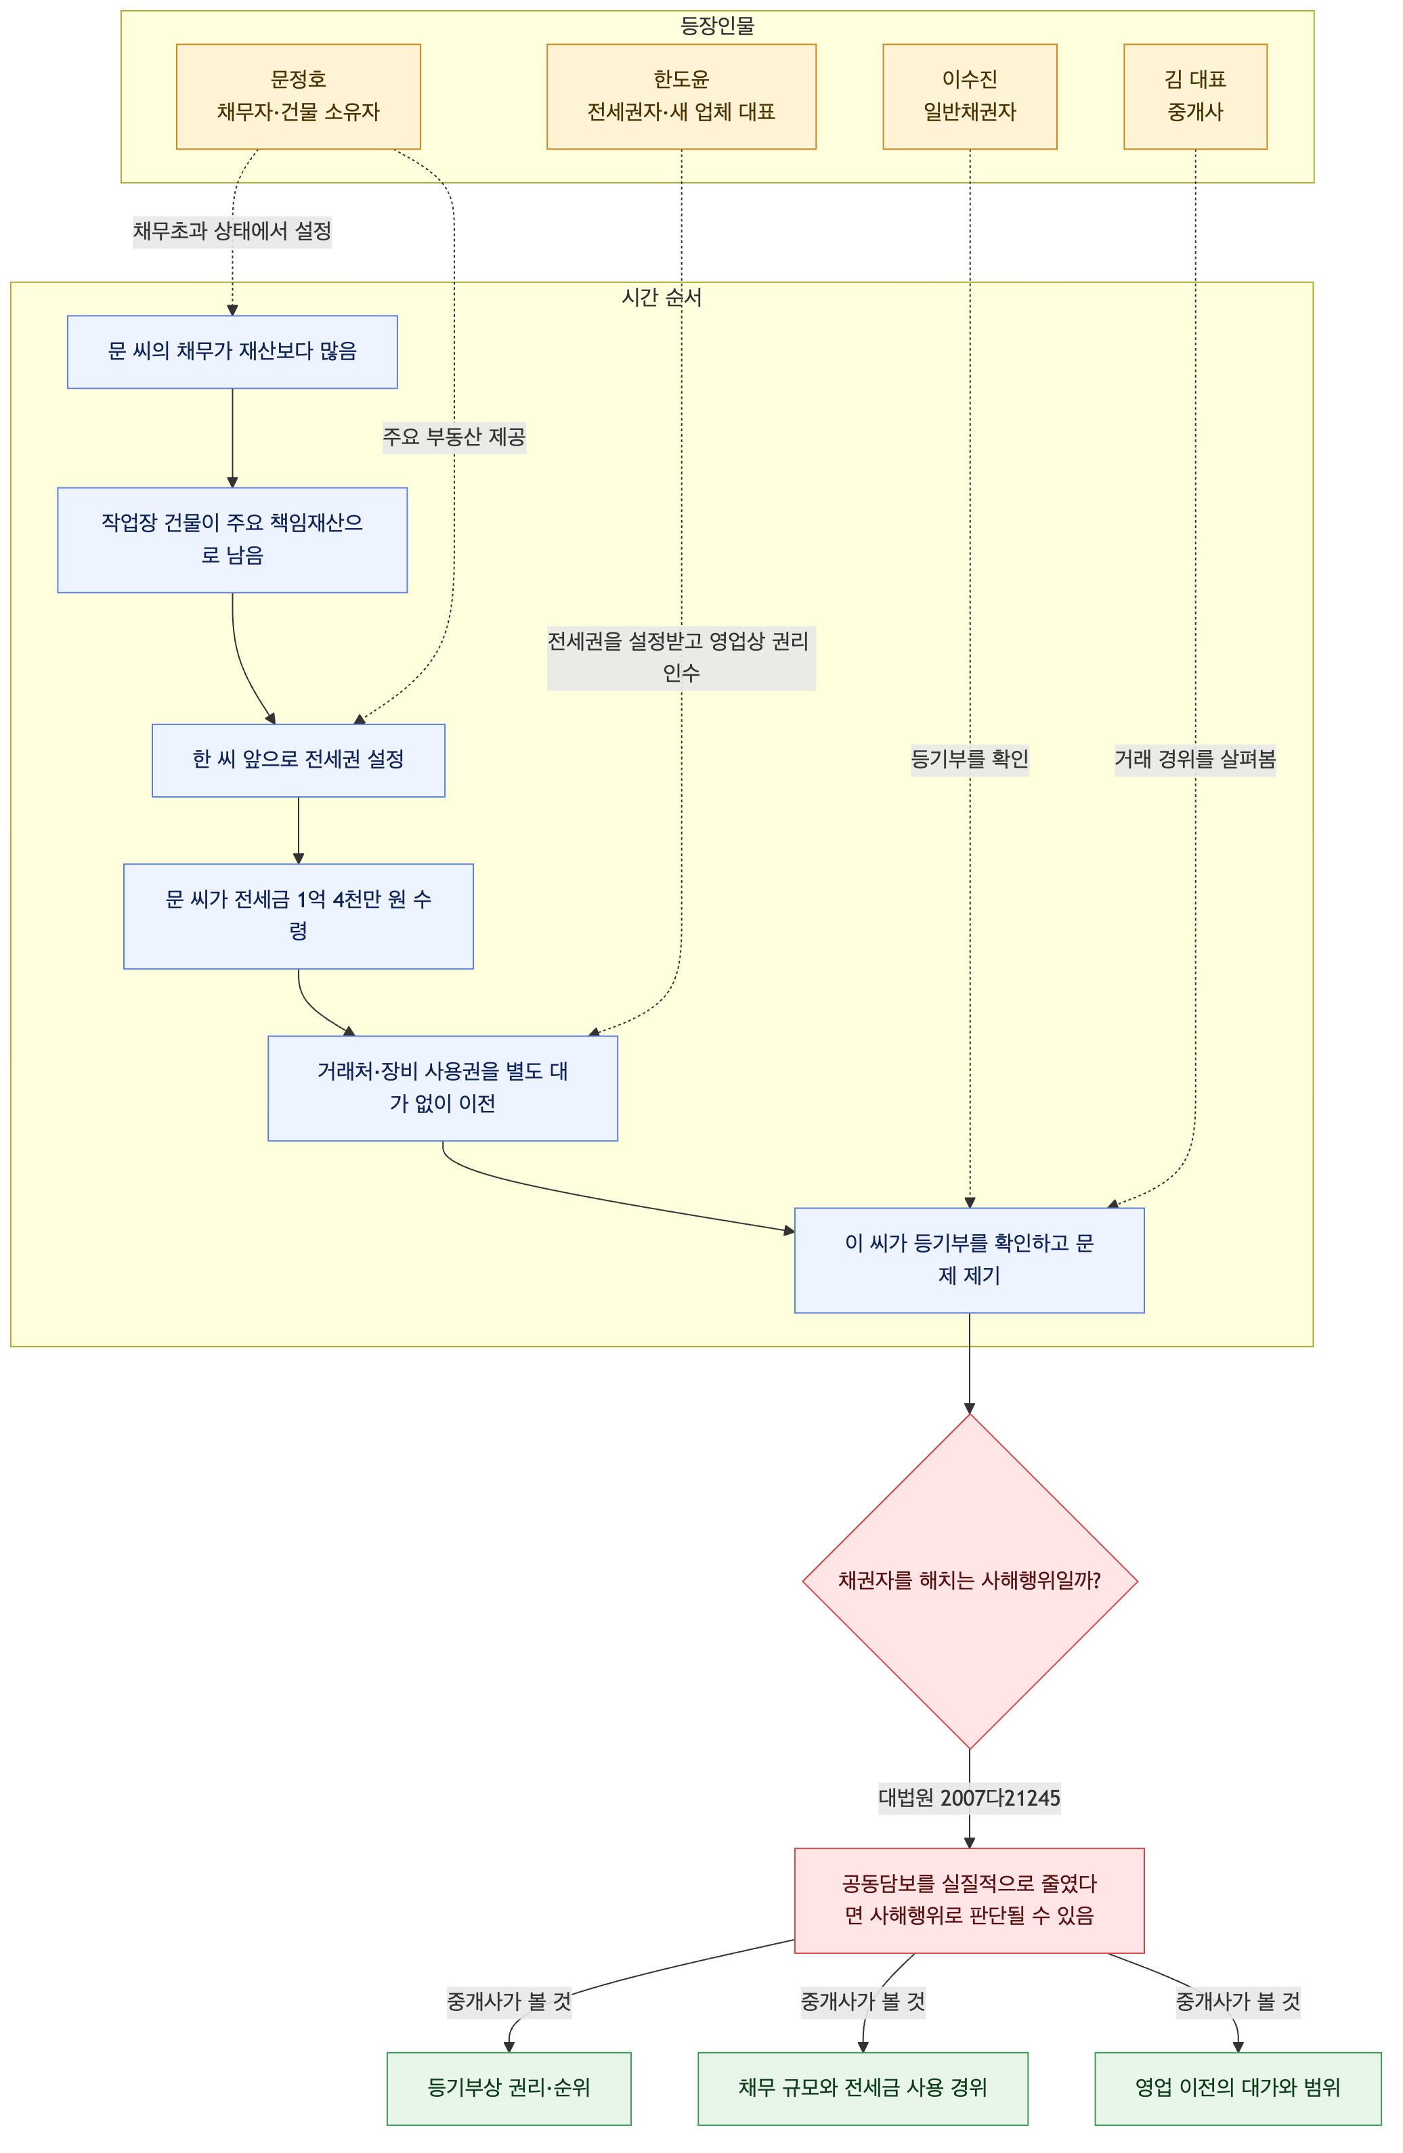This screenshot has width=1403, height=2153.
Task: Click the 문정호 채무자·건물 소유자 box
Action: (x=298, y=96)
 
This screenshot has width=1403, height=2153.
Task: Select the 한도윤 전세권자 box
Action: (x=681, y=96)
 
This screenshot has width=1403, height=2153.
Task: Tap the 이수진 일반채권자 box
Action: (x=970, y=96)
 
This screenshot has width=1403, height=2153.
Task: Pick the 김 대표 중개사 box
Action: (x=1195, y=96)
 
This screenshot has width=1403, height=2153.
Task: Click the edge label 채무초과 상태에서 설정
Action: (x=232, y=231)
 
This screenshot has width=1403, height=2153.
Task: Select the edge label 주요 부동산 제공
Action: (x=454, y=437)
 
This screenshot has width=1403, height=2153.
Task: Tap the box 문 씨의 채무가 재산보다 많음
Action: (x=232, y=352)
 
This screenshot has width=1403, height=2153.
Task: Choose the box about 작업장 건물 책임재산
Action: (x=232, y=540)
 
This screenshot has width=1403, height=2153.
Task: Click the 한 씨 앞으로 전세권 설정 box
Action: (x=299, y=760)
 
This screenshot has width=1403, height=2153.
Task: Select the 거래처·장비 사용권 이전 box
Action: (x=442, y=1088)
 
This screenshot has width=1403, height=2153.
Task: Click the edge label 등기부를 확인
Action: (x=970, y=759)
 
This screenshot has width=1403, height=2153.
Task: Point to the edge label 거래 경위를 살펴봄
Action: (x=1195, y=759)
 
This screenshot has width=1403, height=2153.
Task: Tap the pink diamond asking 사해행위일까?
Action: (x=970, y=1580)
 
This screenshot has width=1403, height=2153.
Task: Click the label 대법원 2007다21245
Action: (x=970, y=1798)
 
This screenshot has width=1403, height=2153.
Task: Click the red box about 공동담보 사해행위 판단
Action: (x=970, y=1900)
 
